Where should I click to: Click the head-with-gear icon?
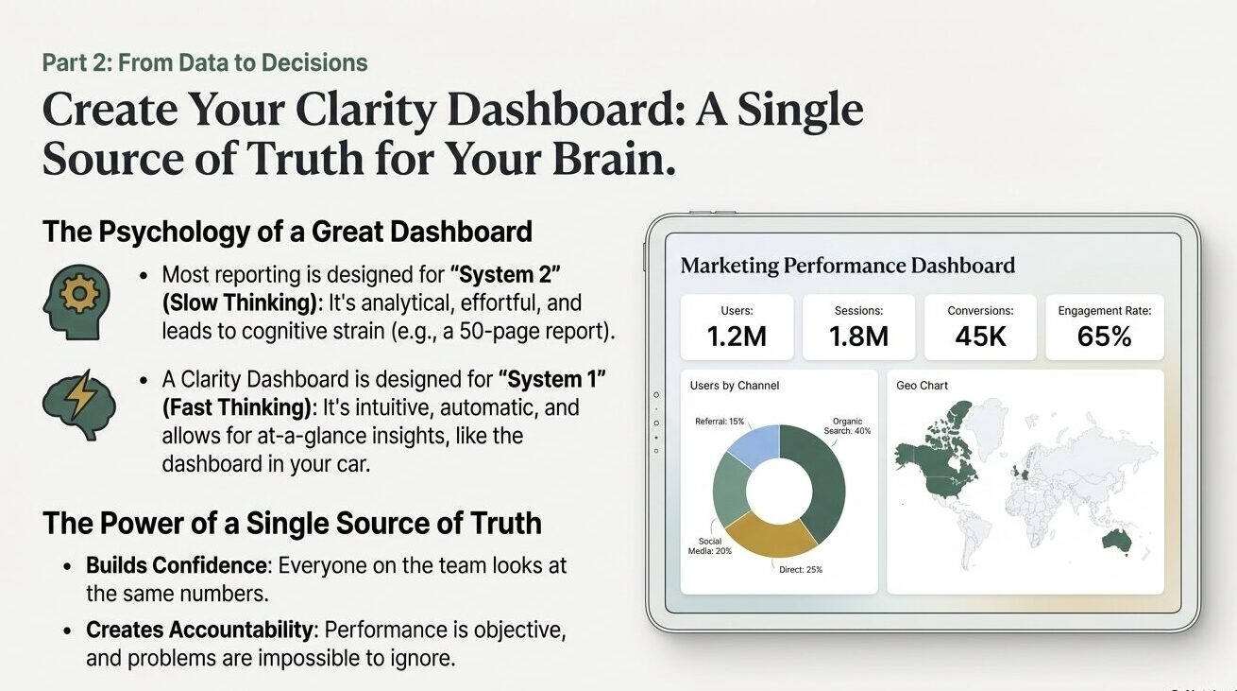[x=76, y=302]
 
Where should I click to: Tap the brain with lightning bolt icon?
[x=79, y=405]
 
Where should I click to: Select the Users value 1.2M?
[x=737, y=337]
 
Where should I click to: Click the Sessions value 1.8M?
[x=858, y=337]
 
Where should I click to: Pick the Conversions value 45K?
[x=981, y=337]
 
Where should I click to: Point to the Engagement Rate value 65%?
[x=1105, y=337]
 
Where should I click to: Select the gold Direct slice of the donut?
[x=771, y=536]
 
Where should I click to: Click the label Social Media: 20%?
[x=709, y=546]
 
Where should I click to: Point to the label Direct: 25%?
[x=800, y=570]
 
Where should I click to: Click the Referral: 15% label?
[x=720, y=422]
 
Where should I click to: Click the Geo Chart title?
[x=922, y=386]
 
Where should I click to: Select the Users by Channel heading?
[x=735, y=386]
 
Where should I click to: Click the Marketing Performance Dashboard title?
[x=848, y=266]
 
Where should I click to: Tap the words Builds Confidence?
[x=177, y=565]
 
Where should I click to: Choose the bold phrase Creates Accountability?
[x=199, y=630]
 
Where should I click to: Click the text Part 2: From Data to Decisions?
[x=205, y=62]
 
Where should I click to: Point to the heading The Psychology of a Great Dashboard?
[x=287, y=232]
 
